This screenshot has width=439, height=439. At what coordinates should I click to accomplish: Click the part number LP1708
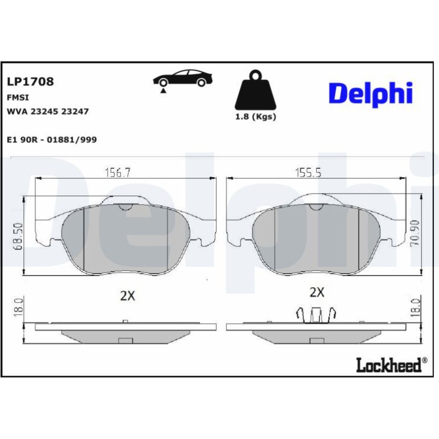coord(30,82)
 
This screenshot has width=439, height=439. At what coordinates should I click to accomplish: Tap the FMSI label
coord(18,97)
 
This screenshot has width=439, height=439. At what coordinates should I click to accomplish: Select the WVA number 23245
coord(44,111)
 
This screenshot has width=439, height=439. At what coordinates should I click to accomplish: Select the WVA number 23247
coord(75,111)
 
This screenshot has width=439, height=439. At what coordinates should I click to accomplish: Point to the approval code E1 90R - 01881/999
coord(52,140)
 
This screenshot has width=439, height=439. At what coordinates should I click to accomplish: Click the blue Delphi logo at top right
coord(371,94)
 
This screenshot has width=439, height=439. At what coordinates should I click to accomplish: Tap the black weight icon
coord(255,90)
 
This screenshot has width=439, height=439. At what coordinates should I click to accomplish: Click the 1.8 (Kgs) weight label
coord(255,116)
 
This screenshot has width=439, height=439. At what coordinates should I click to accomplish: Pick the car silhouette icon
coord(182,78)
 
